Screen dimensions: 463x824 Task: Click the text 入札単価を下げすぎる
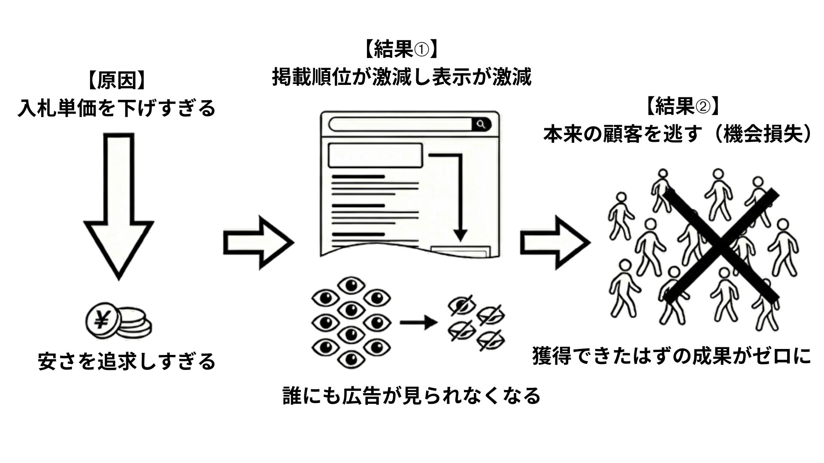pos(116,108)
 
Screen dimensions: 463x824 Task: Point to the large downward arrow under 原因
pos(118,206)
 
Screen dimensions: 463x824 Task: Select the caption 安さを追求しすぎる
pos(127,361)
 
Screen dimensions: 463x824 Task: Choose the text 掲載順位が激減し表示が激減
pos(402,78)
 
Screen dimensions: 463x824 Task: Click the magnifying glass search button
pos(482,125)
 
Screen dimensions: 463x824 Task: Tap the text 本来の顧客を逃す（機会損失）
pos(679,134)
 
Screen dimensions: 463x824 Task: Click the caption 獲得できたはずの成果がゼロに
pos(672,356)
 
